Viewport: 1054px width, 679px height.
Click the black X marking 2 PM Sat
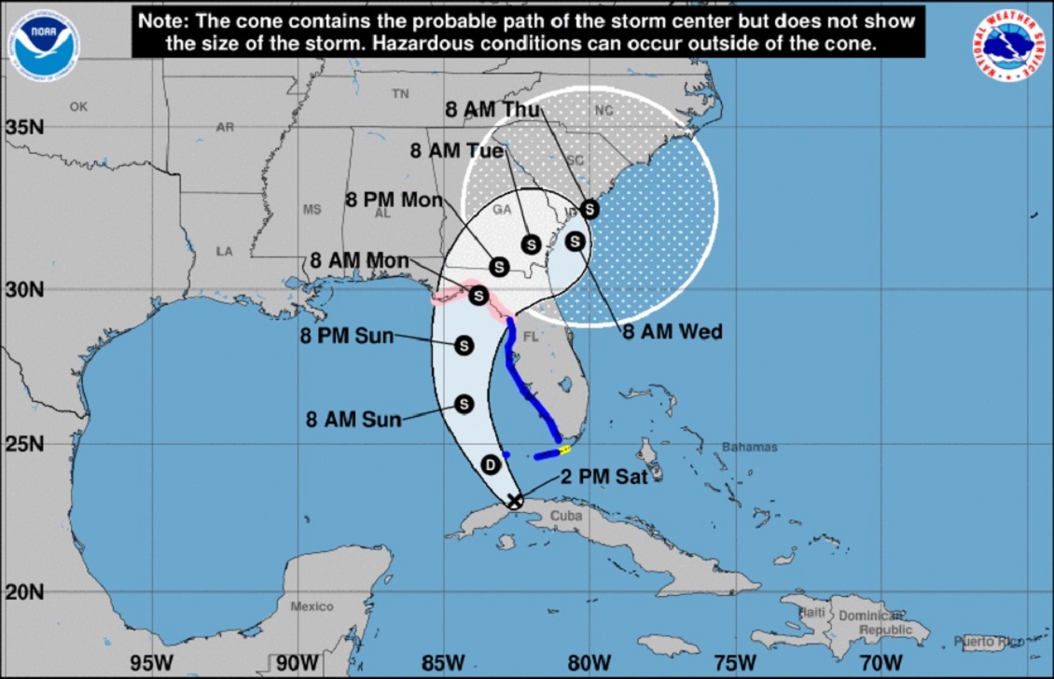click(x=515, y=501)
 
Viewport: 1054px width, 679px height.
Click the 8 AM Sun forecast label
click(x=354, y=420)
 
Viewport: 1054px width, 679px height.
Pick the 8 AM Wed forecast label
click(x=673, y=331)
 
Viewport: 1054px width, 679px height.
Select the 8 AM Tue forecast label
click(x=457, y=150)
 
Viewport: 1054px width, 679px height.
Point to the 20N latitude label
click(x=23, y=591)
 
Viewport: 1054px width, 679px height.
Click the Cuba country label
click(x=566, y=516)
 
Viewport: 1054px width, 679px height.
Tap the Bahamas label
click(x=749, y=448)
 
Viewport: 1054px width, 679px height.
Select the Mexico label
click(x=312, y=606)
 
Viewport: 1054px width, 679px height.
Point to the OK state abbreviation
click(x=78, y=106)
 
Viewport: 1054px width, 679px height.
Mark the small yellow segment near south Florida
click(x=563, y=450)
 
